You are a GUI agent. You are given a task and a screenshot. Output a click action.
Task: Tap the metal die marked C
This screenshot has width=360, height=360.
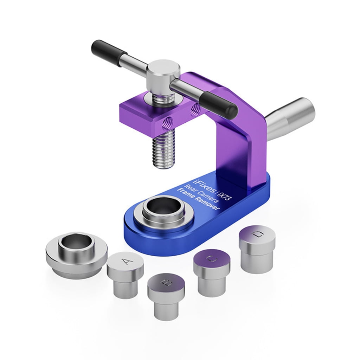click(x=212, y=271)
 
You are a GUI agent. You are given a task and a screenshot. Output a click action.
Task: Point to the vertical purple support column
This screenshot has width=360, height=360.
click(x=239, y=148)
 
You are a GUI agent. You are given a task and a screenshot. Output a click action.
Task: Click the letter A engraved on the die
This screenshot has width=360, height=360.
click(x=126, y=261)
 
